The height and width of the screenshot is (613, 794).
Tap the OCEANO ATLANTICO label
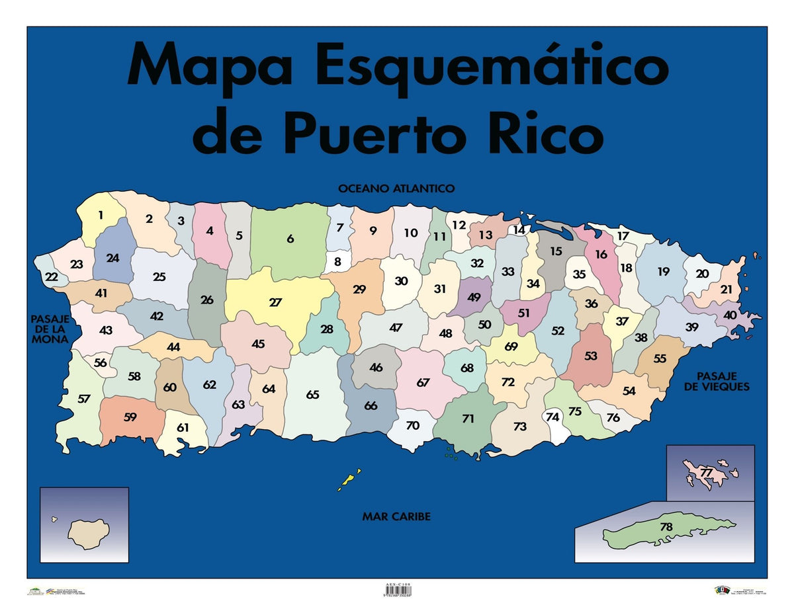click(396, 188)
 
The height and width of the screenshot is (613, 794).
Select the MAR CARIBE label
click(396, 516)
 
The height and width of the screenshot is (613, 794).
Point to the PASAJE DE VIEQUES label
click(717, 382)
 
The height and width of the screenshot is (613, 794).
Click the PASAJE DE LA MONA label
click(50, 329)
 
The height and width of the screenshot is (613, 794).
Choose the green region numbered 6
click(290, 239)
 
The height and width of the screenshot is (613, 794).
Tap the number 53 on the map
click(591, 356)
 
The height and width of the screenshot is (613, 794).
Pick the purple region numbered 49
click(474, 298)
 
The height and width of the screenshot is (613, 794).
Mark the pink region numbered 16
click(601, 255)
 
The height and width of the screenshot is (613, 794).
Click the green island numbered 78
click(665, 528)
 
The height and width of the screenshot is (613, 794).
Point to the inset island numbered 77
click(706, 473)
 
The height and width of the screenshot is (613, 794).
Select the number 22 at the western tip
click(52, 277)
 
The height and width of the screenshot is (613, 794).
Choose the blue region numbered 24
click(112, 258)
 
